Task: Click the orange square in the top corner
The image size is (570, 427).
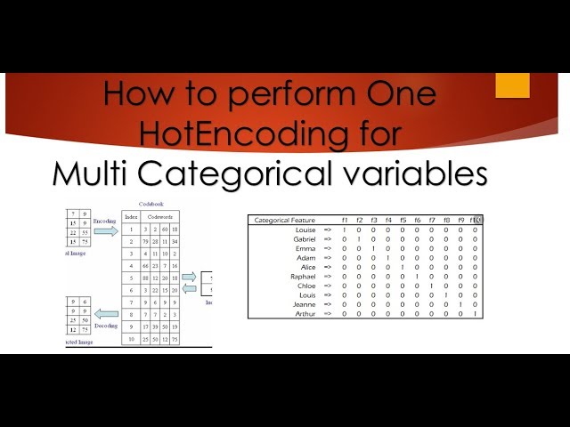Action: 512,85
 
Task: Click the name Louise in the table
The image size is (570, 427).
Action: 305,230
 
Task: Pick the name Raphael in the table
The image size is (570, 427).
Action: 304,276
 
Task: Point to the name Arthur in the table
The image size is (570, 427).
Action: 305,313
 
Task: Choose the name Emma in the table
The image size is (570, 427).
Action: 305,248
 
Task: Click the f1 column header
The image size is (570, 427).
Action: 345,220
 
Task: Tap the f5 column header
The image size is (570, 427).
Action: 403,220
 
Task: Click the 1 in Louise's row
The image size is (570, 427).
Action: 345,230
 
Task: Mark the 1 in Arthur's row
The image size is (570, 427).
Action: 475,313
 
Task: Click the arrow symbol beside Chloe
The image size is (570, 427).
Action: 327,286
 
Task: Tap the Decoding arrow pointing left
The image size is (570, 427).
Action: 105,313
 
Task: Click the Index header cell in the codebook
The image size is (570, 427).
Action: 132,216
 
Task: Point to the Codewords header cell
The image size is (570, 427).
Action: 160,216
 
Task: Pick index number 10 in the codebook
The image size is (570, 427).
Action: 132,339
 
